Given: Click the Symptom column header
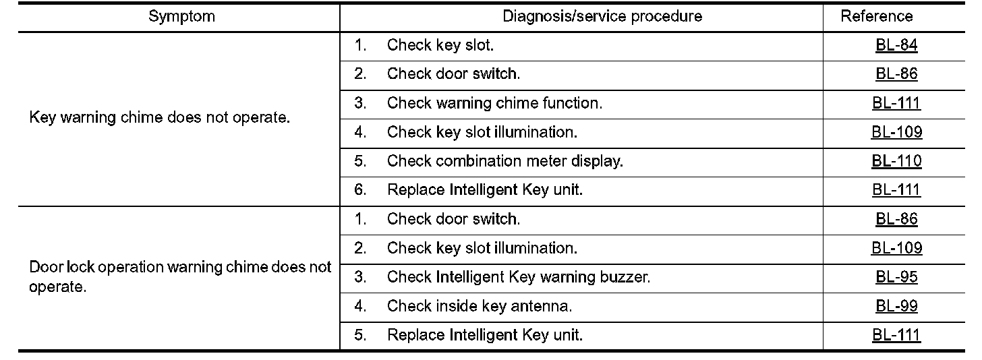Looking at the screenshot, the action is pos(181,17).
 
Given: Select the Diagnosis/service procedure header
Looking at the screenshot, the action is pos(602,17).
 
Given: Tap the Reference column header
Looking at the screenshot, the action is pos(876,17).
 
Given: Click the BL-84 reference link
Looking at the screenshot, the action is pos(896,46).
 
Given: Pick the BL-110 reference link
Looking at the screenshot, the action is pos(896,161).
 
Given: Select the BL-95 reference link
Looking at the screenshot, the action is pos(896,277).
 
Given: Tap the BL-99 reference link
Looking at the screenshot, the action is pos(896,306).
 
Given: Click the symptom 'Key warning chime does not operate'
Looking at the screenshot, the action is pos(160,118).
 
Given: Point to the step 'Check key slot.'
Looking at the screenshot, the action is pos(440,46).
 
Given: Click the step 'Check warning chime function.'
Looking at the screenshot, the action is pos(494,103).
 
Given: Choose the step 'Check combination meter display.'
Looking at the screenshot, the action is pos(504,161).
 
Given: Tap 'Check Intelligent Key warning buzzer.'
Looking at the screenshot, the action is pos(518,277).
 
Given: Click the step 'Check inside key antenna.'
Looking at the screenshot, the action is pos(479,306).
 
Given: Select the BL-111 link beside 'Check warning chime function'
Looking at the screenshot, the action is pos(896,103).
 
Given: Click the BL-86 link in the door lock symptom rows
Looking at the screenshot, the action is pos(896,219).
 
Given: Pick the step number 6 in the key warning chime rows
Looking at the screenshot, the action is pos(361,190).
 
